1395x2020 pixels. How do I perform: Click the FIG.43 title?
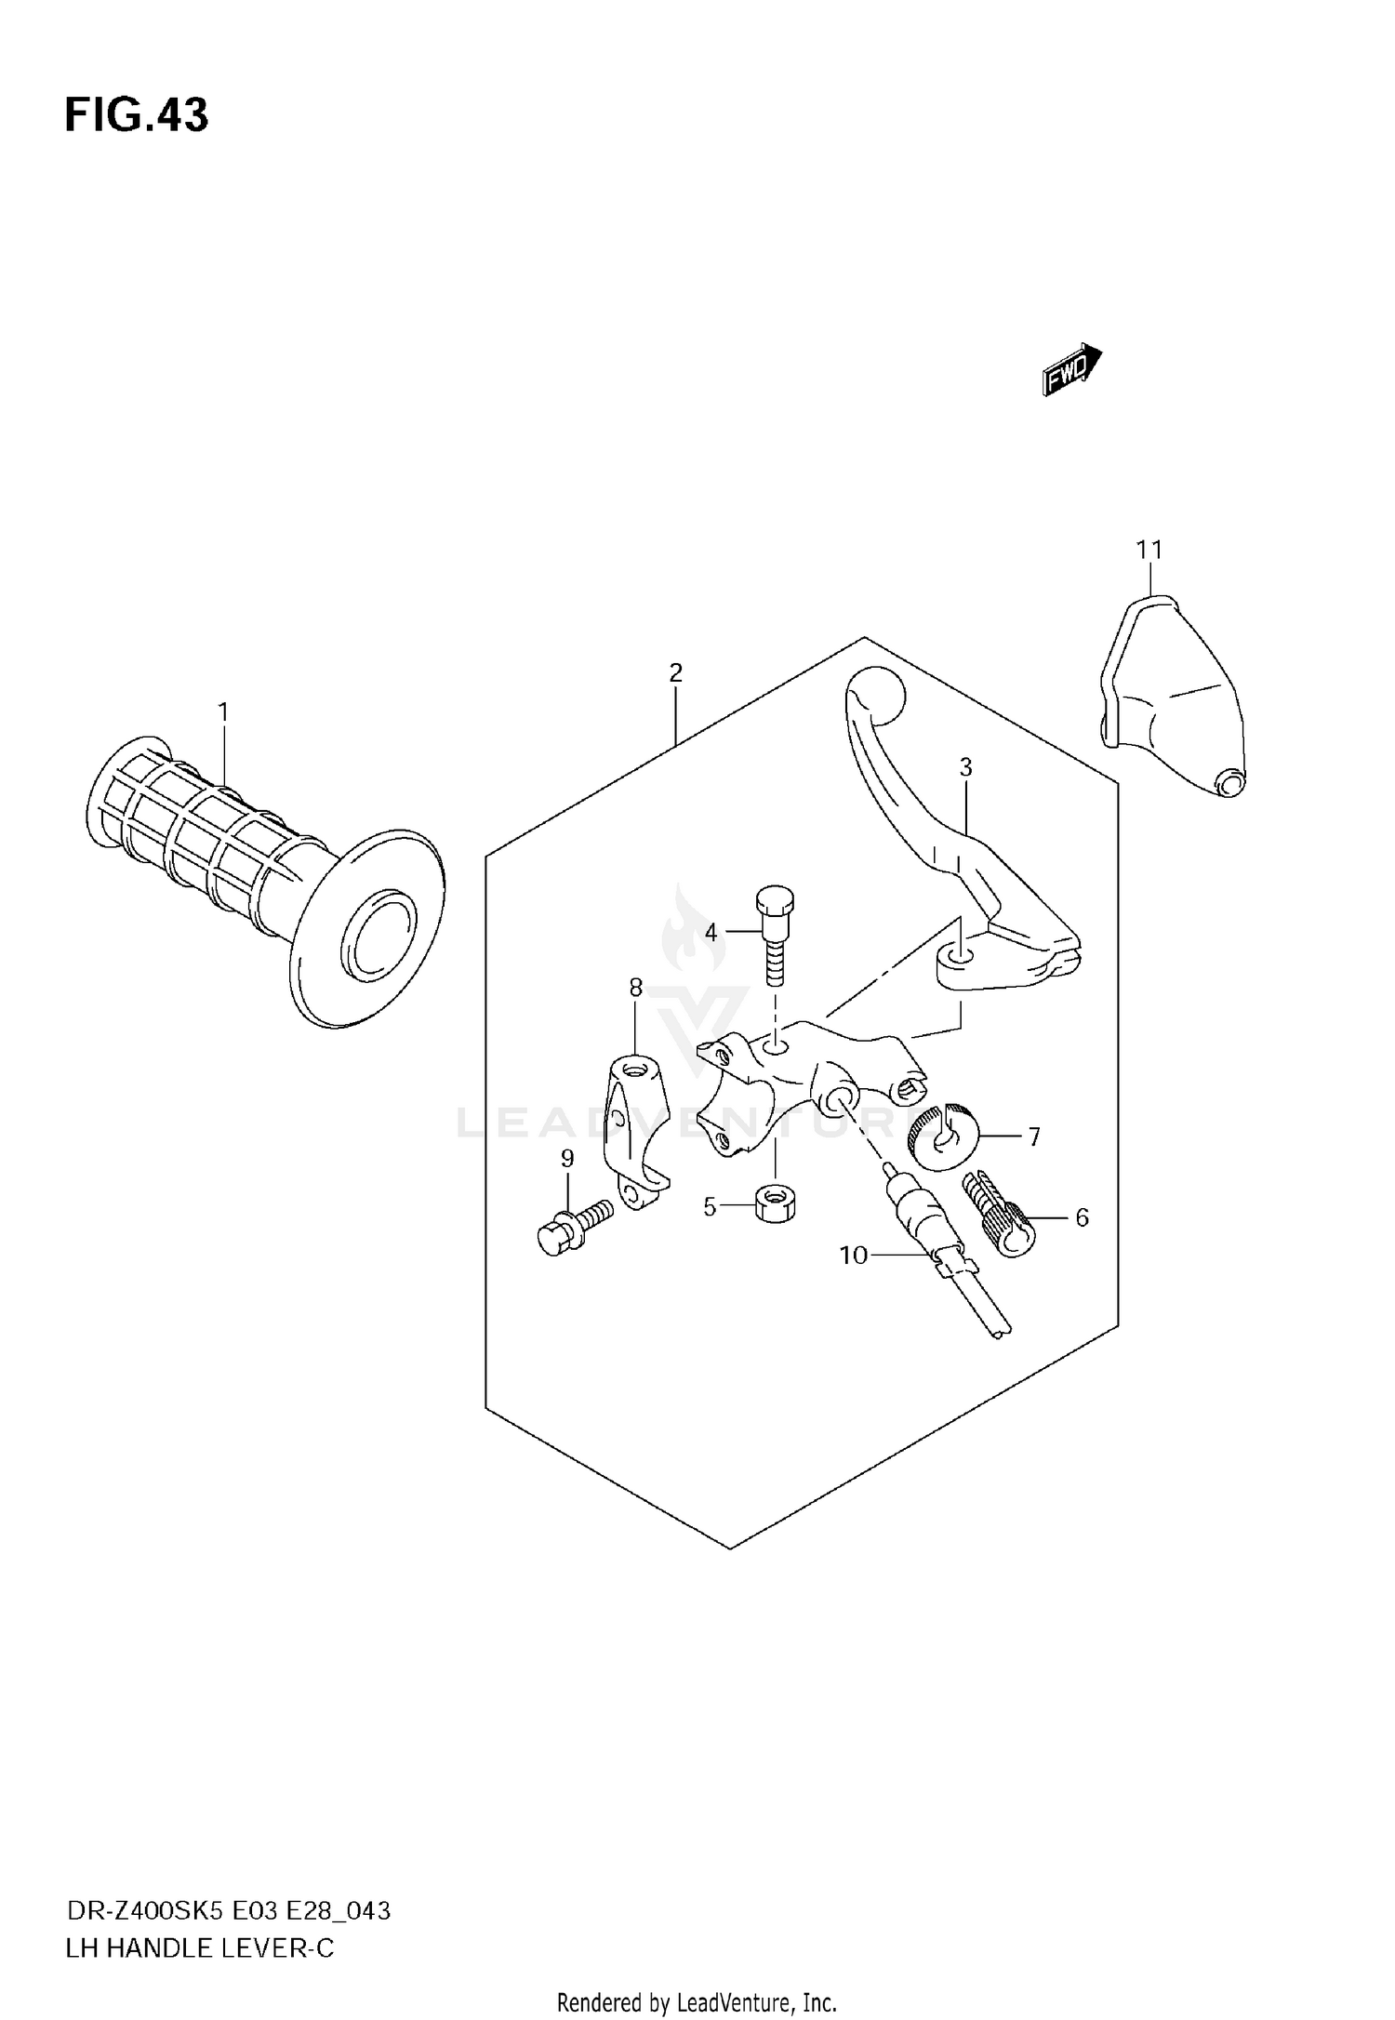coord(137,115)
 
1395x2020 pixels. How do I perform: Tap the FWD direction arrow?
coord(1072,370)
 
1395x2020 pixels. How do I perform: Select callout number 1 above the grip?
coord(223,712)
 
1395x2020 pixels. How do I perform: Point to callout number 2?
coord(676,671)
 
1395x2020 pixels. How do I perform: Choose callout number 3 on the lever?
coord(966,767)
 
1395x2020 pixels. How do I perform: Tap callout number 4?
coord(711,931)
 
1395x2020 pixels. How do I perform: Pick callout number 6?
coord(1082,1217)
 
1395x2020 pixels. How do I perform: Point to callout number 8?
coord(636,988)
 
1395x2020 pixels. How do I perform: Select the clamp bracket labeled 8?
coord(632,1125)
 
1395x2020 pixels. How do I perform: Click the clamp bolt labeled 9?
coord(572,1226)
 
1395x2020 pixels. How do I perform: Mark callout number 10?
coord(853,1256)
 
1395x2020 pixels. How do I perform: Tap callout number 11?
coord(1150,551)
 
